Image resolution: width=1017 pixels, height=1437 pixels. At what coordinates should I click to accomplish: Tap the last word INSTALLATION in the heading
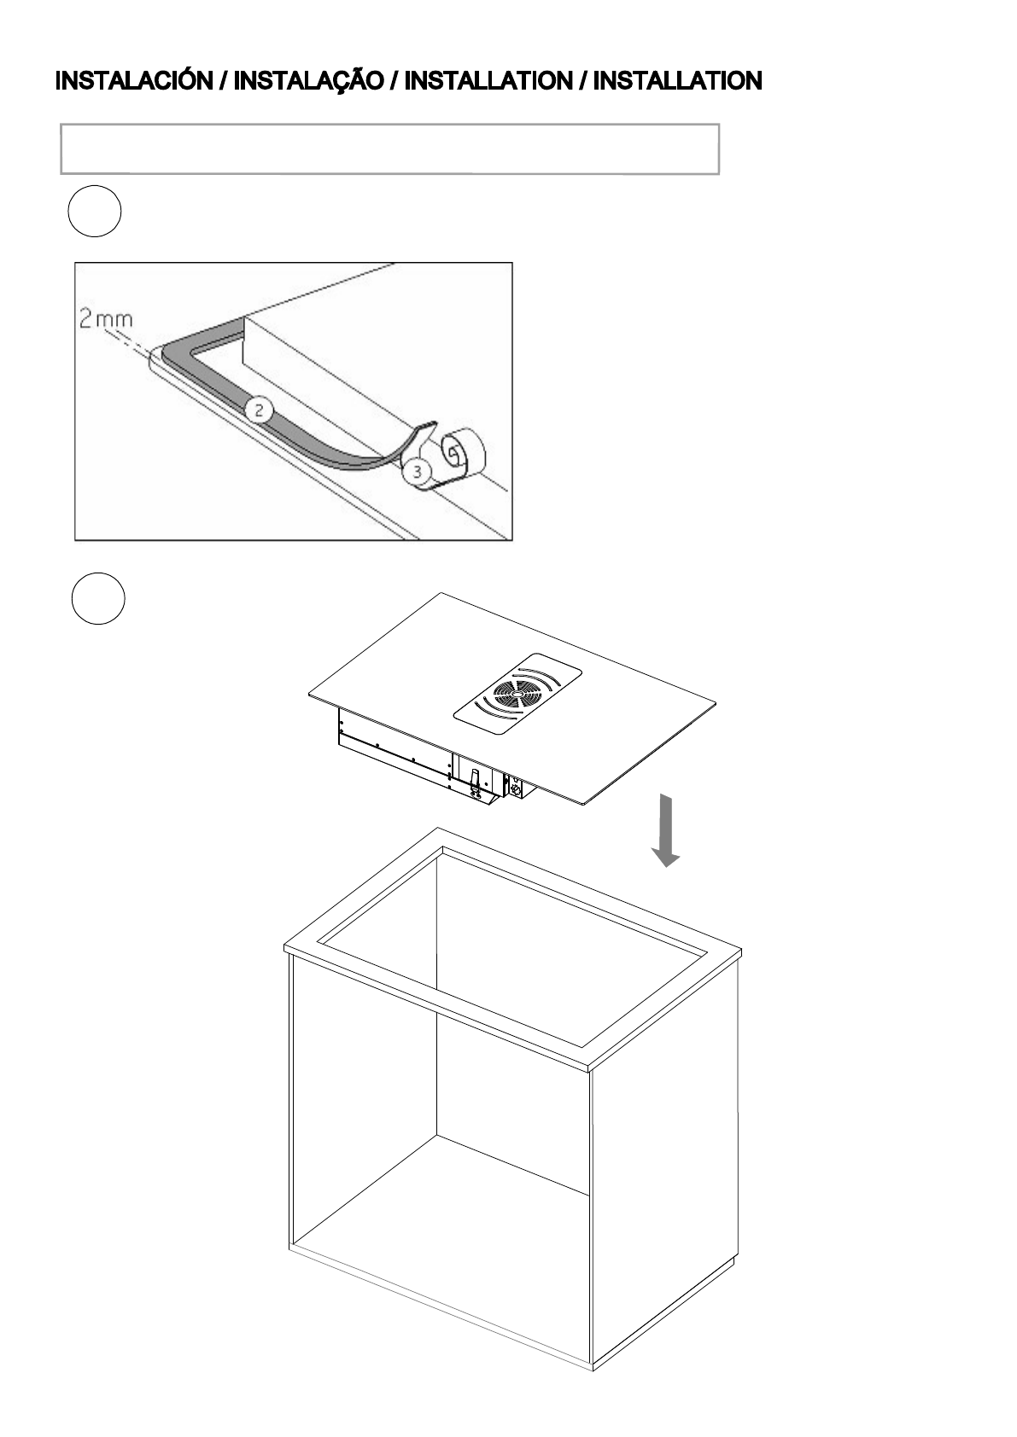tap(677, 82)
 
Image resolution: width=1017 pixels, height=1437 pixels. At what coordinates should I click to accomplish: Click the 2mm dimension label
tap(106, 321)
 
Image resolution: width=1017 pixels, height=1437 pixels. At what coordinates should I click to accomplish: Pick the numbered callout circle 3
tap(417, 471)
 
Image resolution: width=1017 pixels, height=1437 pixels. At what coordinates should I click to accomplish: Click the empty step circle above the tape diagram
tap(95, 211)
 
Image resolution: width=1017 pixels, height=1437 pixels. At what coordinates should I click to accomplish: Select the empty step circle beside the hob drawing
tap(97, 599)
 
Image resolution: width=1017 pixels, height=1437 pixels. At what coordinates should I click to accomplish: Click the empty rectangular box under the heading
tap(389, 149)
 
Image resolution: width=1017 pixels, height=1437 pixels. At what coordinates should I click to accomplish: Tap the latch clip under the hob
tap(476, 778)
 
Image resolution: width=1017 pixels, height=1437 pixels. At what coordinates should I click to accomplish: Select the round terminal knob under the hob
tap(515, 788)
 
